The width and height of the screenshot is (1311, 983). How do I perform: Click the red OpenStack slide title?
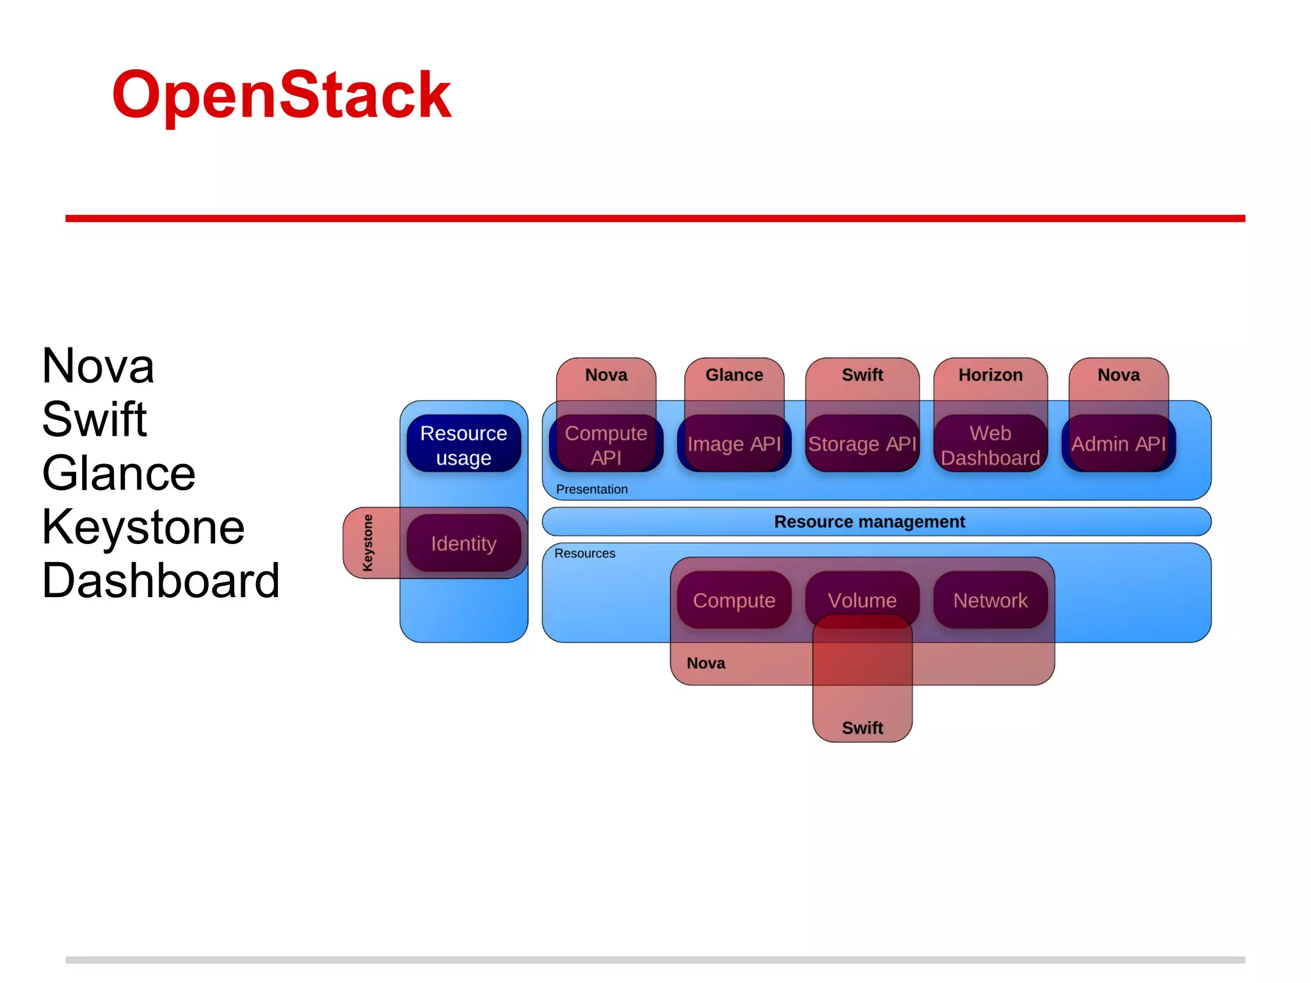pyautogui.click(x=282, y=96)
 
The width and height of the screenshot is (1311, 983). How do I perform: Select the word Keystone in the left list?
pyautogui.click(x=143, y=527)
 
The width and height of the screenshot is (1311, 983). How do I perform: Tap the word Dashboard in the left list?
pyautogui.click(x=161, y=581)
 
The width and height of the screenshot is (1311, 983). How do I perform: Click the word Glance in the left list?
pyautogui.click(x=119, y=474)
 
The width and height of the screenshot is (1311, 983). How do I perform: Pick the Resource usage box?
pyautogui.click(x=463, y=445)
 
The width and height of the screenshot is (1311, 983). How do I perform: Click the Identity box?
pyautogui.click(x=463, y=543)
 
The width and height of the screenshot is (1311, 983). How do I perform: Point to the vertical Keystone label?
pyautogui.click(x=367, y=543)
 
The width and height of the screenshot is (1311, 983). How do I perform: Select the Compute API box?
pyautogui.click(x=606, y=445)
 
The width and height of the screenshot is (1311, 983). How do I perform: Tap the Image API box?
pyautogui.click(x=734, y=444)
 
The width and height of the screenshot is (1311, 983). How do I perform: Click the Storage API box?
pyautogui.click(x=862, y=444)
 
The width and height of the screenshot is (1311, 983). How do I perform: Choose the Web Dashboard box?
pyautogui.click(x=990, y=445)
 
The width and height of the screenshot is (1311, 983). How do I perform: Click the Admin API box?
pyautogui.click(x=1118, y=444)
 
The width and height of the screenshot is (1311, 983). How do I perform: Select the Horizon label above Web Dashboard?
pyautogui.click(x=990, y=375)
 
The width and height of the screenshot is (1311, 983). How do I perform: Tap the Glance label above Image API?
pyautogui.click(x=734, y=375)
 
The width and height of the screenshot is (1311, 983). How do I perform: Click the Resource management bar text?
pyautogui.click(x=869, y=522)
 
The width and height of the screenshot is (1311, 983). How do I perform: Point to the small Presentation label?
pyautogui.click(x=591, y=490)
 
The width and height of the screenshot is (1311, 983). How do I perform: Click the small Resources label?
pyautogui.click(x=584, y=554)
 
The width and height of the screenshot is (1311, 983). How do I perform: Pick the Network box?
pyautogui.click(x=990, y=600)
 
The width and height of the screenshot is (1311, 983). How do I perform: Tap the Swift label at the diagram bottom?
pyautogui.click(x=862, y=728)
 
